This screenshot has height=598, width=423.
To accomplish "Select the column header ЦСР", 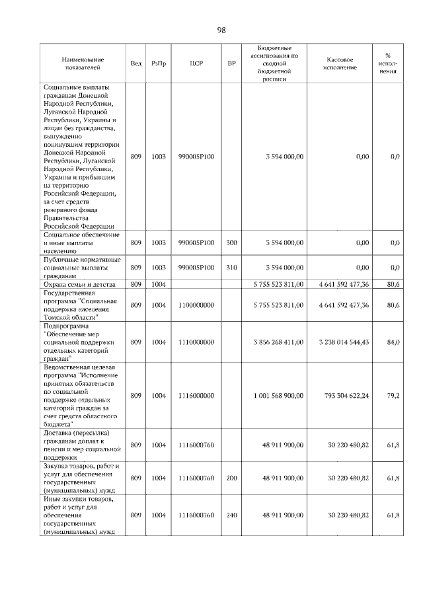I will click(195, 63).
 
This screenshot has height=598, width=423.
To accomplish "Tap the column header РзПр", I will click(159, 63).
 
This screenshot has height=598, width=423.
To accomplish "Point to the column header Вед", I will click(135, 63).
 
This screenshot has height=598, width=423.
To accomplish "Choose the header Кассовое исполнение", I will click(341, 63).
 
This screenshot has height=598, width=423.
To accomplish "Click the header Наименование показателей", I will click(81, 63).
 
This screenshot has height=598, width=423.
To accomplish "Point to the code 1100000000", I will click(196, 305).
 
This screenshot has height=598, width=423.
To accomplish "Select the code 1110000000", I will click(196, 342).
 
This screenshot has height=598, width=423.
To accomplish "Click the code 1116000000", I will click(196, 395).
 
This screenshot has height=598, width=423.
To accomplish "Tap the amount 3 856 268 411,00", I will click(278, 342).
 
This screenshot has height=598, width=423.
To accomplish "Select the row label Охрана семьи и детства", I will click(80, 285).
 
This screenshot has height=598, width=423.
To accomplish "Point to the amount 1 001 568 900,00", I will click(278, 395).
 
